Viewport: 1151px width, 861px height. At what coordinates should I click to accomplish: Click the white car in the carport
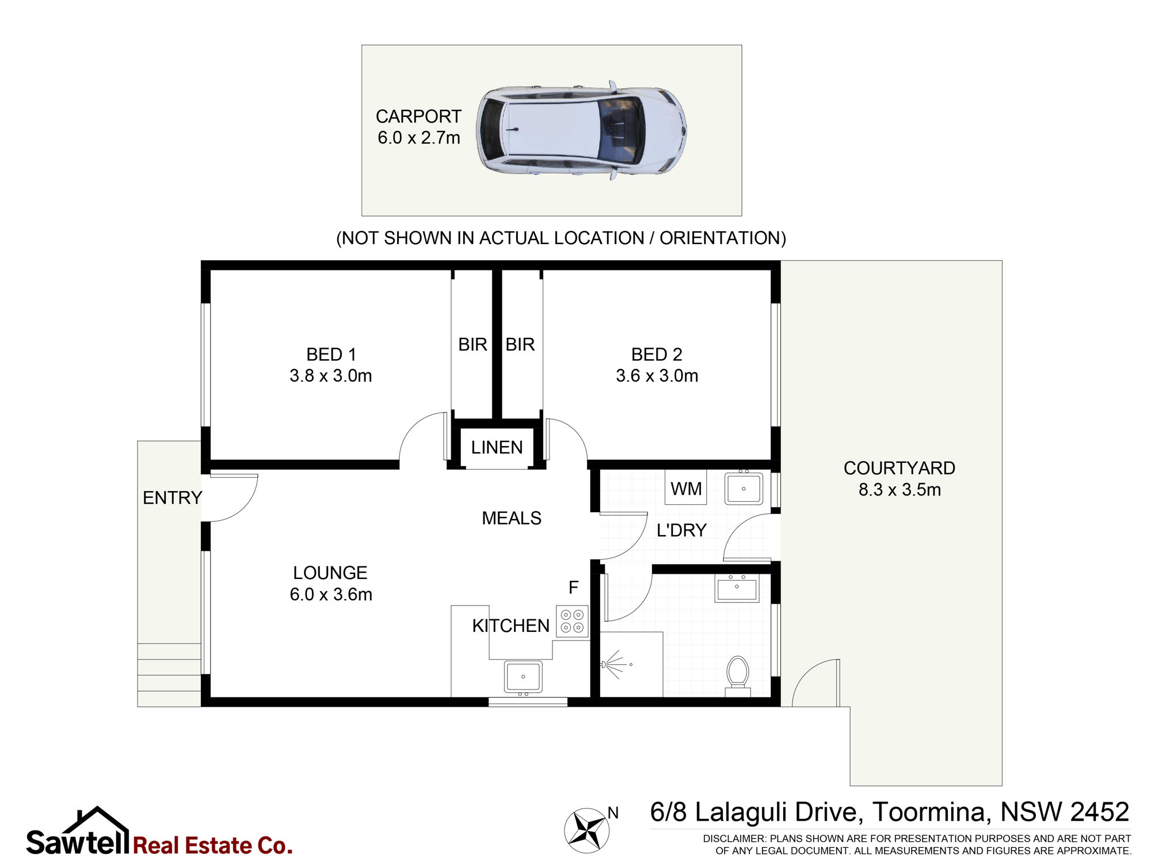581,131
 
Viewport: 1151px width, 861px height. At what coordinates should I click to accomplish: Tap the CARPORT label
418,116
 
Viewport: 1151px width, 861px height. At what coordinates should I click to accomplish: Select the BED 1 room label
331,354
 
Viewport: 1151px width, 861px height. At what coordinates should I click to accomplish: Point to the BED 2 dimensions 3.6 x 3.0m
657,376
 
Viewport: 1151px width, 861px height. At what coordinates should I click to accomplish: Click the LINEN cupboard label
497,447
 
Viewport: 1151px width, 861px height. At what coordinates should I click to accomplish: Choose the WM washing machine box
686,487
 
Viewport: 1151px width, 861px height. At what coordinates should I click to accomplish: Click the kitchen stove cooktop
572,622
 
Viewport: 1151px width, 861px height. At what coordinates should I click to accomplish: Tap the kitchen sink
523,677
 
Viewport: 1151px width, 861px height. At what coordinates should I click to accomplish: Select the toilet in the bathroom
737,676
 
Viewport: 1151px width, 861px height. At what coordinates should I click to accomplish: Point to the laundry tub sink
744,488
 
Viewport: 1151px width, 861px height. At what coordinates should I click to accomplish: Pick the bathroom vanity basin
737,588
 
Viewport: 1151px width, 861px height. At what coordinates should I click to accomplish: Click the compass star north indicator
586,830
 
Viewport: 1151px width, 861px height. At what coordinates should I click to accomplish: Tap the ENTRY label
172,498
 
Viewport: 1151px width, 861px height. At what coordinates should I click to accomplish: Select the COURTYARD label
900,468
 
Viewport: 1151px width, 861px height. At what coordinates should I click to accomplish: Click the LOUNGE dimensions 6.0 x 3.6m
331,594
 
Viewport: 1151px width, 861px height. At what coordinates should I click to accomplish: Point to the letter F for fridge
573,588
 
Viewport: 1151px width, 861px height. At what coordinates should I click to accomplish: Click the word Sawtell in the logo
78,843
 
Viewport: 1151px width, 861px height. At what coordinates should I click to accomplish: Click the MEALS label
512,518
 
